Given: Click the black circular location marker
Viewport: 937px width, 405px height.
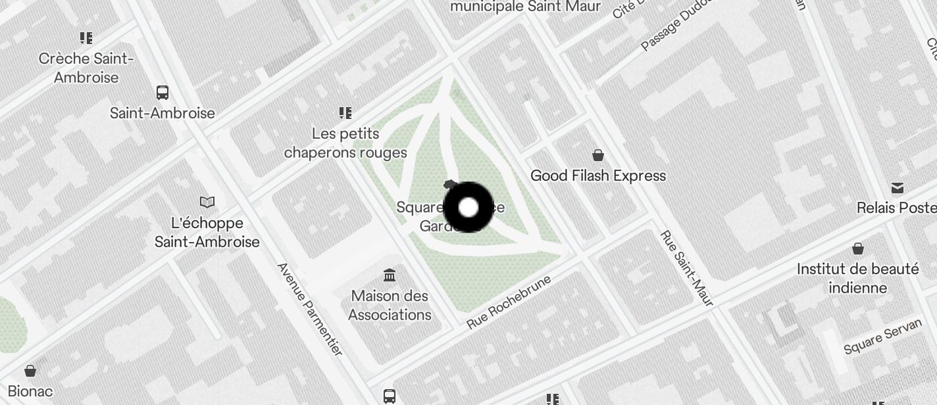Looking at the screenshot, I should (x=468, y=208).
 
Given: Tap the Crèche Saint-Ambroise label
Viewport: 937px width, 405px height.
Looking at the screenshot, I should (x=86, y=68).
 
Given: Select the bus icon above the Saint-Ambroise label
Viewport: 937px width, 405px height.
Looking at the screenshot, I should (x=163, y=93).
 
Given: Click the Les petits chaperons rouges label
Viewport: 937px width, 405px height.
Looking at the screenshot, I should (x=345, y=143).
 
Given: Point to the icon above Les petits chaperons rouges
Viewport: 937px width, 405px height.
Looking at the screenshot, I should (x=345, y=113).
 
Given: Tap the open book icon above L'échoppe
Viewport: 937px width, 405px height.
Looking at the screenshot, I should (x=207, y=202).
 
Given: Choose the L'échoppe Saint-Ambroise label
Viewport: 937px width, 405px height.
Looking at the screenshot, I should (x=207, y=233).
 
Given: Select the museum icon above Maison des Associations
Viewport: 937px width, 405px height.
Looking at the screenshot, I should (x=390, y=275).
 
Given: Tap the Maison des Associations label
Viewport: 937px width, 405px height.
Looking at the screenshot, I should (x=390, y=306).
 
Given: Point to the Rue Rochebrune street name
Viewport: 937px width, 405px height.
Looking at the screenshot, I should (x=508, y=302).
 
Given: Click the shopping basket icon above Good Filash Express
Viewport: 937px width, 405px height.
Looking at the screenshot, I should (x=598, y=155).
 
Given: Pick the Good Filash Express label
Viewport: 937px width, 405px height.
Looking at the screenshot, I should (x=598, y=176).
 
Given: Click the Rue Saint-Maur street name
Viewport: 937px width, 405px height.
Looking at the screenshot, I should (x=686, y=268).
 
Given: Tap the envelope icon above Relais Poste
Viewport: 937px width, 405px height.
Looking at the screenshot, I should (x=898, y=188).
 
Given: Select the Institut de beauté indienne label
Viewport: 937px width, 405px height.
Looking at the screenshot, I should (x=858, y=279).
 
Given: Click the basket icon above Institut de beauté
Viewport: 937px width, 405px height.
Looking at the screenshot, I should (x=858, y=249).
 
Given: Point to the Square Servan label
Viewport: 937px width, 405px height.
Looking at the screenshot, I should (x=882, y=339).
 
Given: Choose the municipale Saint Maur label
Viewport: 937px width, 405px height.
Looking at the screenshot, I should (x=525, y=7).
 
